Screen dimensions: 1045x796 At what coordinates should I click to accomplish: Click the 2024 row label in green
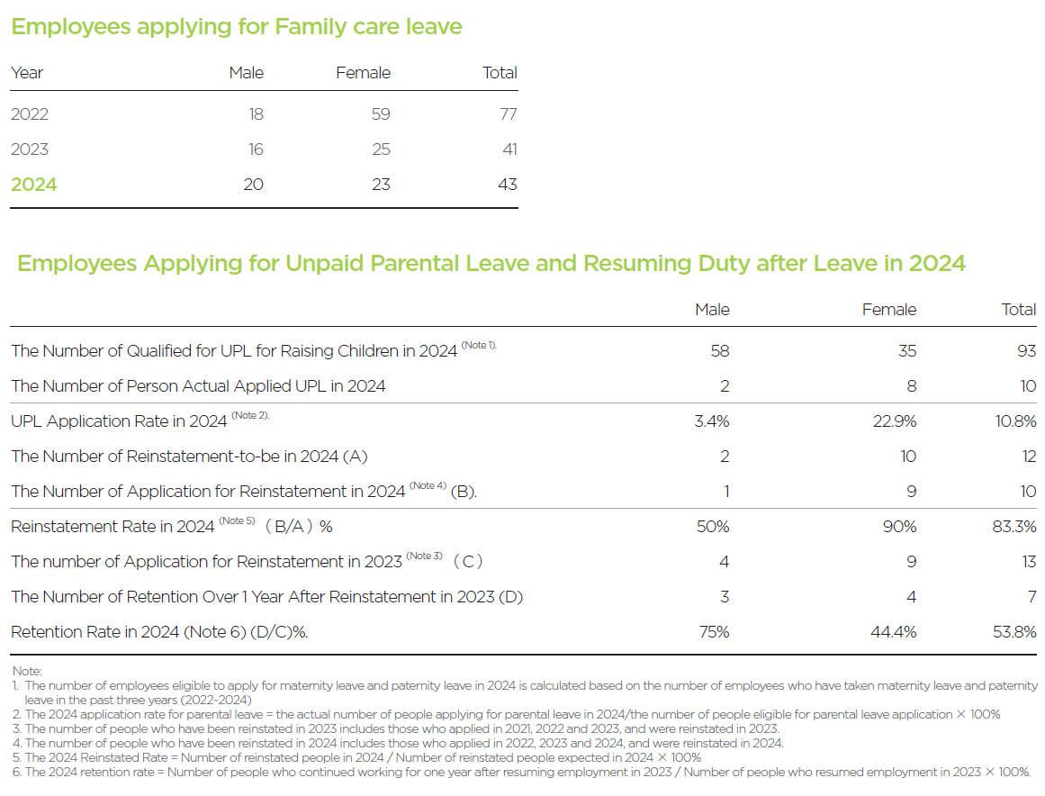pyautogui.click(x=34, y=185)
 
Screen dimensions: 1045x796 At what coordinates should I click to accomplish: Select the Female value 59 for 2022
pyautogui.click(x=381, y=114)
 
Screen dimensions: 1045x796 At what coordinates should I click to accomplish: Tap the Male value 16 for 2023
pyautogui.click(x=256, y=149)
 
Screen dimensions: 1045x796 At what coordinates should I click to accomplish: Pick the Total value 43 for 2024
pyautogui.click(x=508, y=185)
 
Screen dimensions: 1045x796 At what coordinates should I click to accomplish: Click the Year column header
pyautogui.click(x=27, y=73)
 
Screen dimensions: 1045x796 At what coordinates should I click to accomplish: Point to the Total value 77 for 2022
pyautogui.click(x=509, y=114)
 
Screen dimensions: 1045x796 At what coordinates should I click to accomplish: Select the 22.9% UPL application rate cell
pyautogui.click(x=895, y=421)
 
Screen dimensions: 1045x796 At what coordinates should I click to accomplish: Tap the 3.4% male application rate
pyautogui.click(x=712, y=421)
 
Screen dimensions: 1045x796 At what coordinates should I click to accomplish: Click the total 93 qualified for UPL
pyautogui.click(x=1027, y=350)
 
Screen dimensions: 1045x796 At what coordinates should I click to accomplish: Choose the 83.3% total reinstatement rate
pyautogui.click(x=1014, y=527)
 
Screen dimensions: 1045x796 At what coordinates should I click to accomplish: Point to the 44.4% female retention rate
pyautogui.click(x=894, y=632)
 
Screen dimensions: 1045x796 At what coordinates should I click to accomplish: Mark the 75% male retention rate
pyautogui.click(x=715, y=632)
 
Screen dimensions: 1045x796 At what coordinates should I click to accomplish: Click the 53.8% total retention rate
pyautogui.click(x=1014, y=632)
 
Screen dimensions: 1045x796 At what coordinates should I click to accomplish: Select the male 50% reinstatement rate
pyautogui.click(x=713, y=527)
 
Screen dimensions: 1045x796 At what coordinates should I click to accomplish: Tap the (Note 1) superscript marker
pyautogui.click(x=479, y=346)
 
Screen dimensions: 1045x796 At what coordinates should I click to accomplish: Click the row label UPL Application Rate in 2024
pyautogui.click(x=119, y=421)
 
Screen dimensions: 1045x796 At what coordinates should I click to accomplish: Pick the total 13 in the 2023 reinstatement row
pyautogui.click(x=1029, y=562)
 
